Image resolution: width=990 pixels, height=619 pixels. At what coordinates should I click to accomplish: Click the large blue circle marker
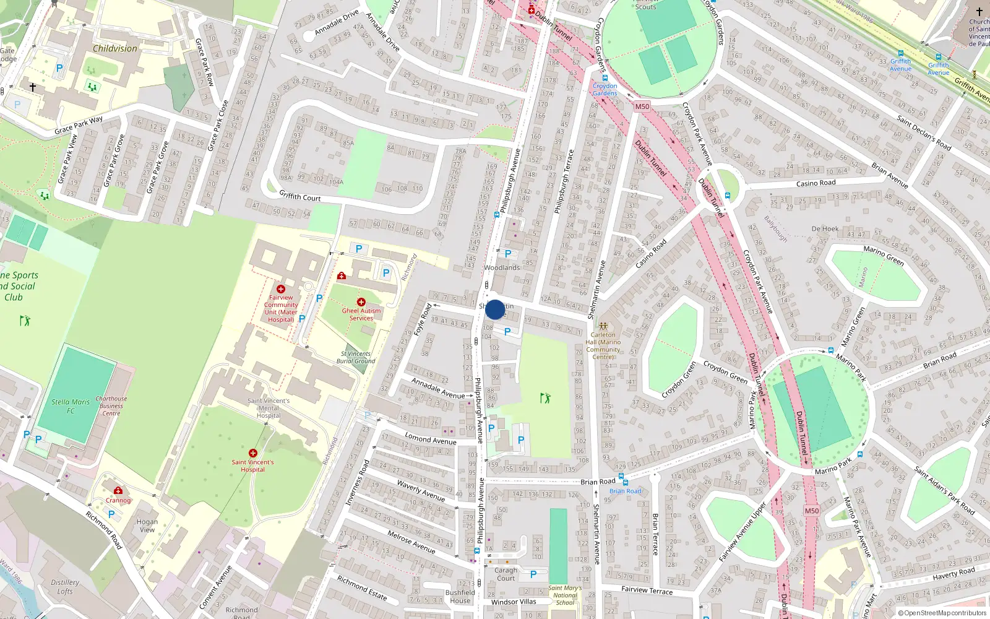pyautogui.click(x=495, y=309)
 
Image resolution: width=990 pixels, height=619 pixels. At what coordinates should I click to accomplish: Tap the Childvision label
pyautogui.click(x=115, y=48)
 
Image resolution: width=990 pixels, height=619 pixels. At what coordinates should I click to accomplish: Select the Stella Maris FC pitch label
pyautogui.click(x=71, y=406)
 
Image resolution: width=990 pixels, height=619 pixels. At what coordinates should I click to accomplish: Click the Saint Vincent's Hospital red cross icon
pyautogui.click(x=253, y=453)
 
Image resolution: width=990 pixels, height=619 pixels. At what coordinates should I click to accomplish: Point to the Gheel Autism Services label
pyautogui.click(x=361, y=314)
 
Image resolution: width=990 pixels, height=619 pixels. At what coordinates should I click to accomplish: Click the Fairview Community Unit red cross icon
pyautogui.click(x=281, y=289)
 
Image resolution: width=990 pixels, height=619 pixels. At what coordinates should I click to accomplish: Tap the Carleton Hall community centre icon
pyautogui.click(x=603, y=326)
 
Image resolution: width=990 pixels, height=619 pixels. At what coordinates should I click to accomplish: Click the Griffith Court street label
pyautogui.click(x=299, y=196)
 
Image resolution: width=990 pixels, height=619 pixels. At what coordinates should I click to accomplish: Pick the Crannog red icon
pyautogui.click(x=118, y=491)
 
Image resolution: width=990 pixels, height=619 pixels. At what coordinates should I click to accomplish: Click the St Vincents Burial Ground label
pyautogui.click(x=356, y=357)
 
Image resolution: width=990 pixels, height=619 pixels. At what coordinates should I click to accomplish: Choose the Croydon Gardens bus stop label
pyautogui.click(x=605, y=90)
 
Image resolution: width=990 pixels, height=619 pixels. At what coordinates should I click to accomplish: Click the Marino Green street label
pyautogui.click(x=884, y=256)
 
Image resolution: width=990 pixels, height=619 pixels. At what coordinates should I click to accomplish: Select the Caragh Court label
pyautogui.click(x=506, y=574)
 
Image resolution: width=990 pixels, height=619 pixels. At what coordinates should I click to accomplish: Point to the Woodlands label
pyautogui.click(x=502, y=267)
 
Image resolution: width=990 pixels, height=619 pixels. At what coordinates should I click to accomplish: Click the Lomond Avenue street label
pyautogui.click(x=431, y=439)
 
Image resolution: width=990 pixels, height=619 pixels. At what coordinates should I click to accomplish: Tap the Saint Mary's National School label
pyautogui.click(x=564, y=595)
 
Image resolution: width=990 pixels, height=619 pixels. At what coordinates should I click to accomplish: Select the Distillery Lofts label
pyautogui.click(x=65, y=587)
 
